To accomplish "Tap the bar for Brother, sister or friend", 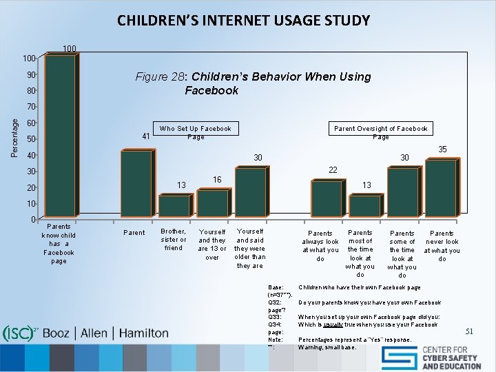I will click(174, 206).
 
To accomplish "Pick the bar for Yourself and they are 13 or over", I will click(212, 204).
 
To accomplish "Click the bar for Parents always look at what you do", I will click(326, 199).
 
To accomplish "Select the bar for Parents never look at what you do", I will click(440, 189).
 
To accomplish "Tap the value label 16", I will click(217, 179).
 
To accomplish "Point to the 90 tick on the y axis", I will click(32, 74).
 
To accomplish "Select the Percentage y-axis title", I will click(15, 136).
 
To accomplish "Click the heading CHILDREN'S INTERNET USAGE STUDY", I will click(243, 20).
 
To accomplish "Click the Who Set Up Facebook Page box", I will click(196, 132).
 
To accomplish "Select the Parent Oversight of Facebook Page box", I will click(380, 132).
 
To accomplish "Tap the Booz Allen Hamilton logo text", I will click(105, 333).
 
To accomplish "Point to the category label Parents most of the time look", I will click(360, 254).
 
